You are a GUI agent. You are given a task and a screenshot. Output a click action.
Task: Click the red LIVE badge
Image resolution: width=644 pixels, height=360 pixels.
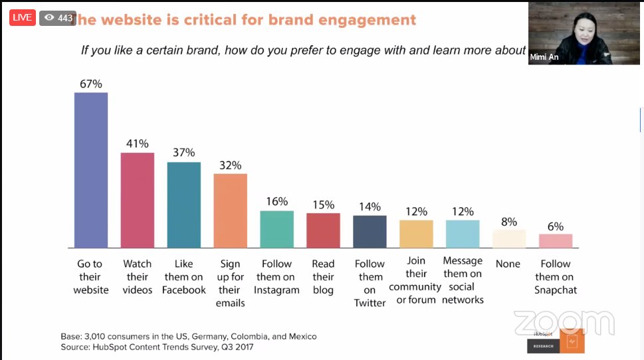(x=22, y=18)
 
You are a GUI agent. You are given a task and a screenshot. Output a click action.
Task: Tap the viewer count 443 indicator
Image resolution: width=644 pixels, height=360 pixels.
(x=58, y=18)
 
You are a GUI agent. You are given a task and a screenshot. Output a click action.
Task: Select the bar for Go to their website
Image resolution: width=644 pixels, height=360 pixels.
(x=90, y=170)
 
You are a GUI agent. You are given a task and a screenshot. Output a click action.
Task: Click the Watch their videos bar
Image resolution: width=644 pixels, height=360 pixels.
(x=137, y=200)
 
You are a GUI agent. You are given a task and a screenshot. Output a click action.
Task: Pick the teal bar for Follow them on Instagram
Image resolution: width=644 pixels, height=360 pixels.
(x=276, y=229)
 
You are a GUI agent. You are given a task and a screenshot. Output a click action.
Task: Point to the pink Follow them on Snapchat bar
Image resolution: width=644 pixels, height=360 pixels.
(x=556, y=240)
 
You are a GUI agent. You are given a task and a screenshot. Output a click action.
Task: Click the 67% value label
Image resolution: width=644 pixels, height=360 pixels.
(x=90, y=83)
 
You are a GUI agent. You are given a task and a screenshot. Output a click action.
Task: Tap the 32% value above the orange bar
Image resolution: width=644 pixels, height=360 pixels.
(x=230, y=165)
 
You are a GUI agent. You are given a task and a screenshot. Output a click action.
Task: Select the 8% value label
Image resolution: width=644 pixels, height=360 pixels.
(x=509, y=221)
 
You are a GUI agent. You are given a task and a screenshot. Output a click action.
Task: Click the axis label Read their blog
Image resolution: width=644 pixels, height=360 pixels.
(x=323, y=277)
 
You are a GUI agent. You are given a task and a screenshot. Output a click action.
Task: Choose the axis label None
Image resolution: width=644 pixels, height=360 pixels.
(x=508, y=264)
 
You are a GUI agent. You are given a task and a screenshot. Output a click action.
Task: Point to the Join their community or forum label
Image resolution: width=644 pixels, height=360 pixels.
(x=415, y=280)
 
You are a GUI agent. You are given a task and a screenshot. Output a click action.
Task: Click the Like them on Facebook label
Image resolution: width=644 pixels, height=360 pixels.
(x=184, y=277)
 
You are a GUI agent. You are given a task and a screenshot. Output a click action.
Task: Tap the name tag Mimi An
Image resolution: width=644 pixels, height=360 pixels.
(x=544, y=58)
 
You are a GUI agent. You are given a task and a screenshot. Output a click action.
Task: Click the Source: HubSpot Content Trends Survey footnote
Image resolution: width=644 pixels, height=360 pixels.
(x=156, y=347)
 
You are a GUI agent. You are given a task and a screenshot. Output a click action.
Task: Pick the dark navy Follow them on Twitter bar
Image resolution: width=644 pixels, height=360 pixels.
(x=370, y=231)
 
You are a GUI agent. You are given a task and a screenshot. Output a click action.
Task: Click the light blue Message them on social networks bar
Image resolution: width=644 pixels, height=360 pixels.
(x=463, y=234)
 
